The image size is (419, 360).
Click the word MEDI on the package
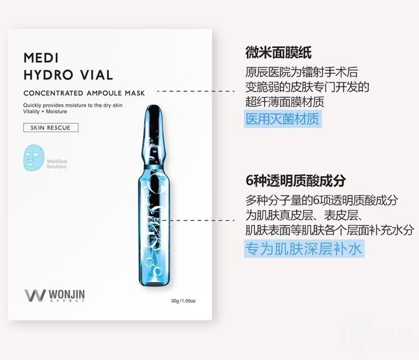(41, 58)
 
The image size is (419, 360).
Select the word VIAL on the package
(97, 75)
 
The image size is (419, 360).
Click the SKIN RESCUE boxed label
(51, 128)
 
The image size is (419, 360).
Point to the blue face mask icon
(33, 158)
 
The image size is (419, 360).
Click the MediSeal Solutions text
(57, 164)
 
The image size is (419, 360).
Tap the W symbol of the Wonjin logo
(35, 296)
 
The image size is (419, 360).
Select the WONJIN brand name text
(67, 294)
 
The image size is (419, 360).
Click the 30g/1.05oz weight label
(183, 301)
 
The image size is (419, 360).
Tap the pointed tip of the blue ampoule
(154, 106)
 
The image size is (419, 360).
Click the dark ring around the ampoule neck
(154, 167)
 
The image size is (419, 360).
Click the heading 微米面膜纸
(279, 53)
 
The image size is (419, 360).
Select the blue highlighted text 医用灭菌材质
(283, 119)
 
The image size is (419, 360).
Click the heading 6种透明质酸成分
(296, 181)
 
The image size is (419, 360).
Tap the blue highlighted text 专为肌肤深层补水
(304, 249)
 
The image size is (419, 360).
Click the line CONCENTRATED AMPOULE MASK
(84, 93)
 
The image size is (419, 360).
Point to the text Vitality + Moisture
(45, 111)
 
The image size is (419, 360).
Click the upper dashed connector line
(196, 91)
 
